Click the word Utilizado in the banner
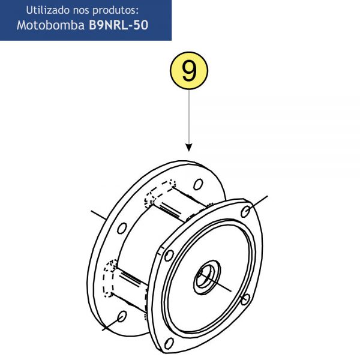coord(47,10)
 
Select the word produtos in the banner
coord(114,11)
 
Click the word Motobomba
coord(51,25)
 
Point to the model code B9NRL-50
coord(118,25)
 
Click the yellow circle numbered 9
coord(189,71)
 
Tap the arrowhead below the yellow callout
coord(189,148)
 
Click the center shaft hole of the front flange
coord(207,277)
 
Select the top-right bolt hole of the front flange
coord(245,211)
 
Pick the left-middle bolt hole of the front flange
coord(169,255)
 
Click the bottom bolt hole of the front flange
coord(169,343)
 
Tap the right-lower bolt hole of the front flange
coord(245,299)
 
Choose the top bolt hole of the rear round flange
coord(198,184)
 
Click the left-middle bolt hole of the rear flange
coord(122,228)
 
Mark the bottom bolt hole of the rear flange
coord(122,316)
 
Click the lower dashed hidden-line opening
coord(110,278)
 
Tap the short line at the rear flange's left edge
coord(99,215)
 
